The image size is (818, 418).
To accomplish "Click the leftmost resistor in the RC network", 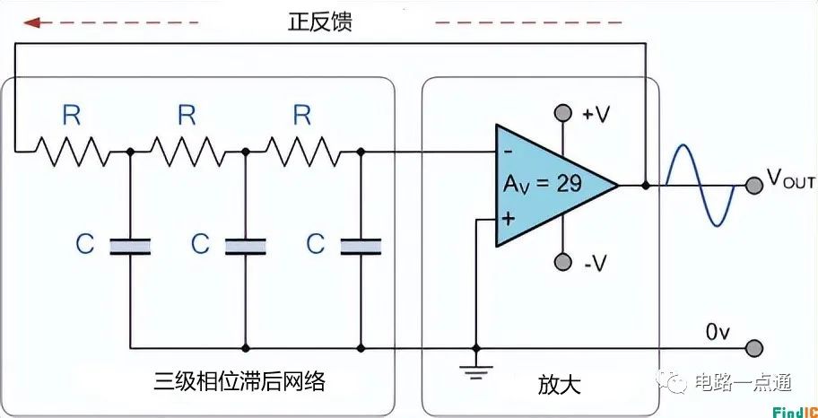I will coord(72,152).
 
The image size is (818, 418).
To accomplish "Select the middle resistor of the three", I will coord(187,152).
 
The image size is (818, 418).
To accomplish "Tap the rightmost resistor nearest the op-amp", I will coord(302,152).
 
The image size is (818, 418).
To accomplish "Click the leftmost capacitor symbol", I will coord(130,245).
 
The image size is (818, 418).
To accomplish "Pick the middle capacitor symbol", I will coord(245,245).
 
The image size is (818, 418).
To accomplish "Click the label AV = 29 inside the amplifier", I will coord(542,184).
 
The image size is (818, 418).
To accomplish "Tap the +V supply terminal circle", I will coord(562,113).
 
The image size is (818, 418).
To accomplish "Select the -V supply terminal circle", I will coord(562,262).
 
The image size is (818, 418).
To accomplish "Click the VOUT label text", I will coord(789,179).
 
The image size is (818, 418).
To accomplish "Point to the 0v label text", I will coord(718,332).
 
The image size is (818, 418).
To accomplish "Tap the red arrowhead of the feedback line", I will coord(34,22).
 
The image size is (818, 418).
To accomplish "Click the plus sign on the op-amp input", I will coord(508,219).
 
